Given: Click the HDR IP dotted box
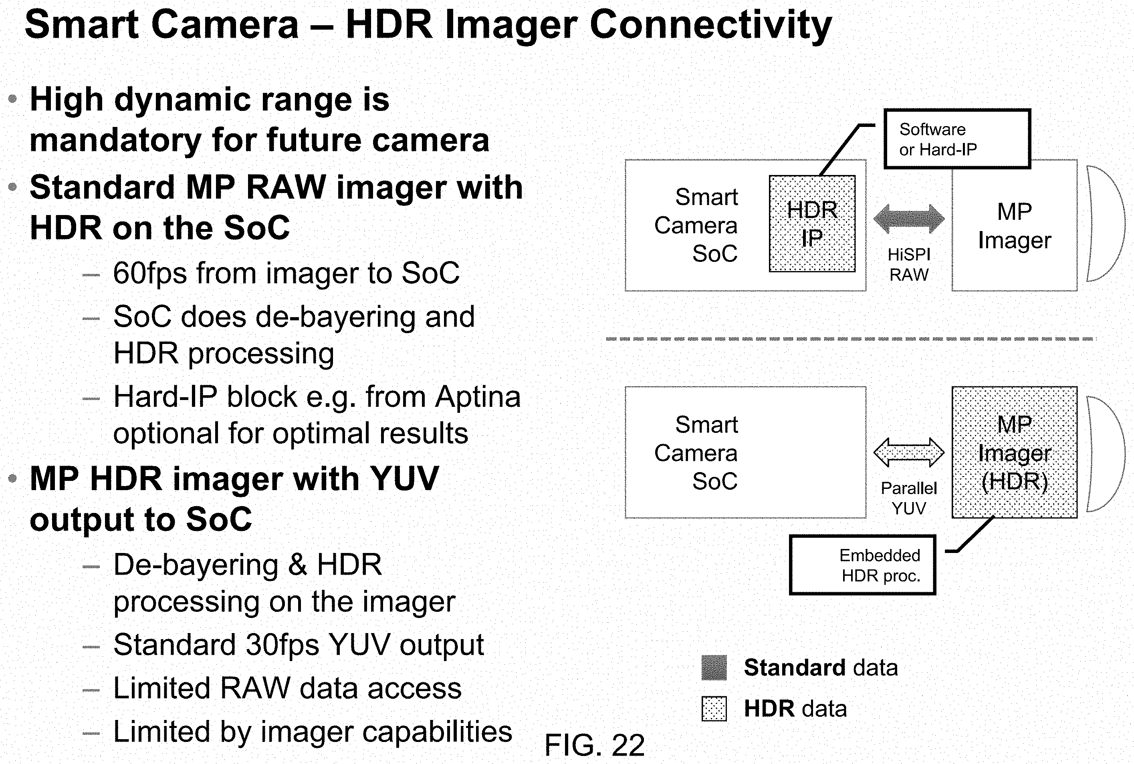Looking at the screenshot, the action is pos(812,224).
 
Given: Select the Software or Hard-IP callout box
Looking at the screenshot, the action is pos(957,139).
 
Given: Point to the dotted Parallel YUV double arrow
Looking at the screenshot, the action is pos(909,452).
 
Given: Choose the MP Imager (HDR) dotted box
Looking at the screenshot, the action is pos(1015,452).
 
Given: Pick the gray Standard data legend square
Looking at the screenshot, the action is pos(714,667).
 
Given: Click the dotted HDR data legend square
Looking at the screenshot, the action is pos(714,708).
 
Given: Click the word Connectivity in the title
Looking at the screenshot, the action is pos(710,25).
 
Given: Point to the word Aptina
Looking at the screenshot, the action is pos(478,397).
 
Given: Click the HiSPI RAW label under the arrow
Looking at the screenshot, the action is pos(909,265).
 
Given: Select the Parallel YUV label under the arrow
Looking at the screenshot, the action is pos(909,498).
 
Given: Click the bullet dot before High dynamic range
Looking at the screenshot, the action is pos(13,99).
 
